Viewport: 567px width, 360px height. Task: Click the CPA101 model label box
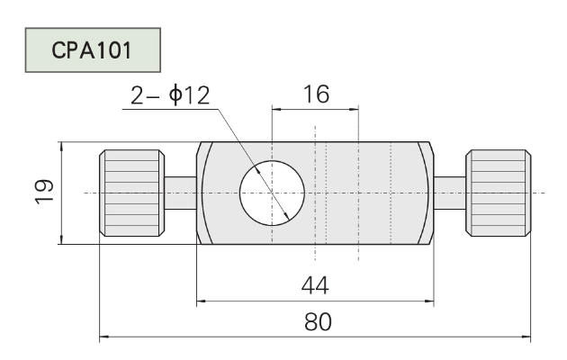pyautogui.click(x=93, y=49)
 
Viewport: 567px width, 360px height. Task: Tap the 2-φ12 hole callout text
pyautogui.click(x=170, y=95)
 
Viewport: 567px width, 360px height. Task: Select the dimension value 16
pyautogui.click(x=317, y=94)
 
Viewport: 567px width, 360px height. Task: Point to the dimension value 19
pyautogui.click(x=44, y=193)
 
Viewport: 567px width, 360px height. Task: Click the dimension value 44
pyautogui.click(x=315, y=285)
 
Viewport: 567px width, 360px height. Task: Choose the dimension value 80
pyautogui.click(x=318, y=322)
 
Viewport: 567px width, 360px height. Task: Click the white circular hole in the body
pyautogui.click(x=272, y=193)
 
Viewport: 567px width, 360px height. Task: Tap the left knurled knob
pyautogui.click(x=132, y=193)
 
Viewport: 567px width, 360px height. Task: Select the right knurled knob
pyautogui.click(x=499, y=193)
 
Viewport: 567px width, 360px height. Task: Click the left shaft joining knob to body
pyautogui.click(x=180, y=193)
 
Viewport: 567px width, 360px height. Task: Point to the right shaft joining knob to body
pyautogui.click(x=449, y=193)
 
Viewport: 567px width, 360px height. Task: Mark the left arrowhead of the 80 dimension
pyautogui.click(x=103, y=337)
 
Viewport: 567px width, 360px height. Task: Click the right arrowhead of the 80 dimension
pyautogui.click(x=526, y=337)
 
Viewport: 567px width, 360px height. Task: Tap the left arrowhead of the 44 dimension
pyautogui.click(x=201, y=301)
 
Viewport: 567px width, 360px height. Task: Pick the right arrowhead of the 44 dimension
pyautogui.click(x=429, y=301)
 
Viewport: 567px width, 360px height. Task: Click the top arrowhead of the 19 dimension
pyautogui.click(x=62, y=147)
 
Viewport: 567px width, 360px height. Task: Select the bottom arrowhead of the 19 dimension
pyautogui.click(x=62, y=239)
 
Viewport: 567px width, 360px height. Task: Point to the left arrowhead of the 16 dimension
pyautogui.click(x=276, y=109)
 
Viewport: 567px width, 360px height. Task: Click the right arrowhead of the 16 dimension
pyautogui.click(x=354, y=109)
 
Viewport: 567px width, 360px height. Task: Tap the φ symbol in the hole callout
pyautogui.click(x=175, y=95)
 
